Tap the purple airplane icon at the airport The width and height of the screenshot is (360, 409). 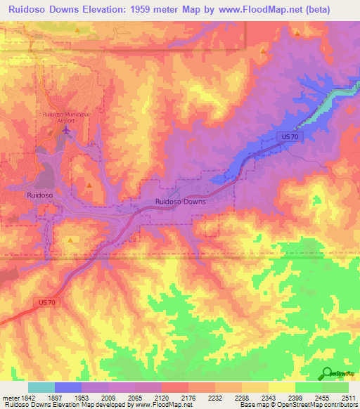[x=67, y=129]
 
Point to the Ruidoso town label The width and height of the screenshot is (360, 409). [x=40, y=195]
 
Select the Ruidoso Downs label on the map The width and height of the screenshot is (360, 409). [x=180, y=202]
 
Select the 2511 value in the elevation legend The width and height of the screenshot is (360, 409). [x=348, y=397]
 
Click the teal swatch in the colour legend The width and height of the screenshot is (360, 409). [x=41, y=387]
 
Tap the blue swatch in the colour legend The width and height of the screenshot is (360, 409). [x=67, y=387]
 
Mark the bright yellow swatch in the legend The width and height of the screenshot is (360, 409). [x=281, y=387]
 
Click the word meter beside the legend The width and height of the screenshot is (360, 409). [x=8, y=397]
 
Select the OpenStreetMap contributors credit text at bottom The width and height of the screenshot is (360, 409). [x=316, y=405]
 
